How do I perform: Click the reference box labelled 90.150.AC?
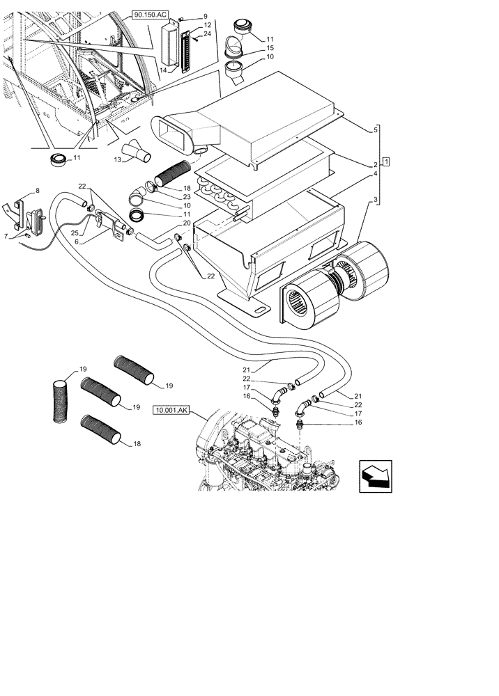[x=149, y=13]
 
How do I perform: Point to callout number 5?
[x=376, y=129]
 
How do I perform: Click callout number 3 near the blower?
[x=376, y=200]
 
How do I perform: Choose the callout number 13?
[x=118, y=160]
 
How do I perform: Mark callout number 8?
[x=38, y=190]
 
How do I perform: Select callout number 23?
[x=187, y=197]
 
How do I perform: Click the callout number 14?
[x=164, y=70]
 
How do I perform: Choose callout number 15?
[x=270, y=47]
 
